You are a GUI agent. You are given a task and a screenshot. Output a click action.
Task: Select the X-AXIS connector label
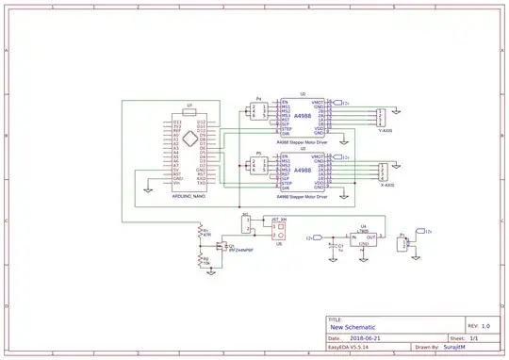tap(385, 186)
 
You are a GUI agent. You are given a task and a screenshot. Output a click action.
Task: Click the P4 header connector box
tap(258, 112)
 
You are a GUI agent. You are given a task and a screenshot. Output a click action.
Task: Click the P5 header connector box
tap(258, 166)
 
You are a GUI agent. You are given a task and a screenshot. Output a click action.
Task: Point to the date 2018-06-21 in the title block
tap(364, 337)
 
